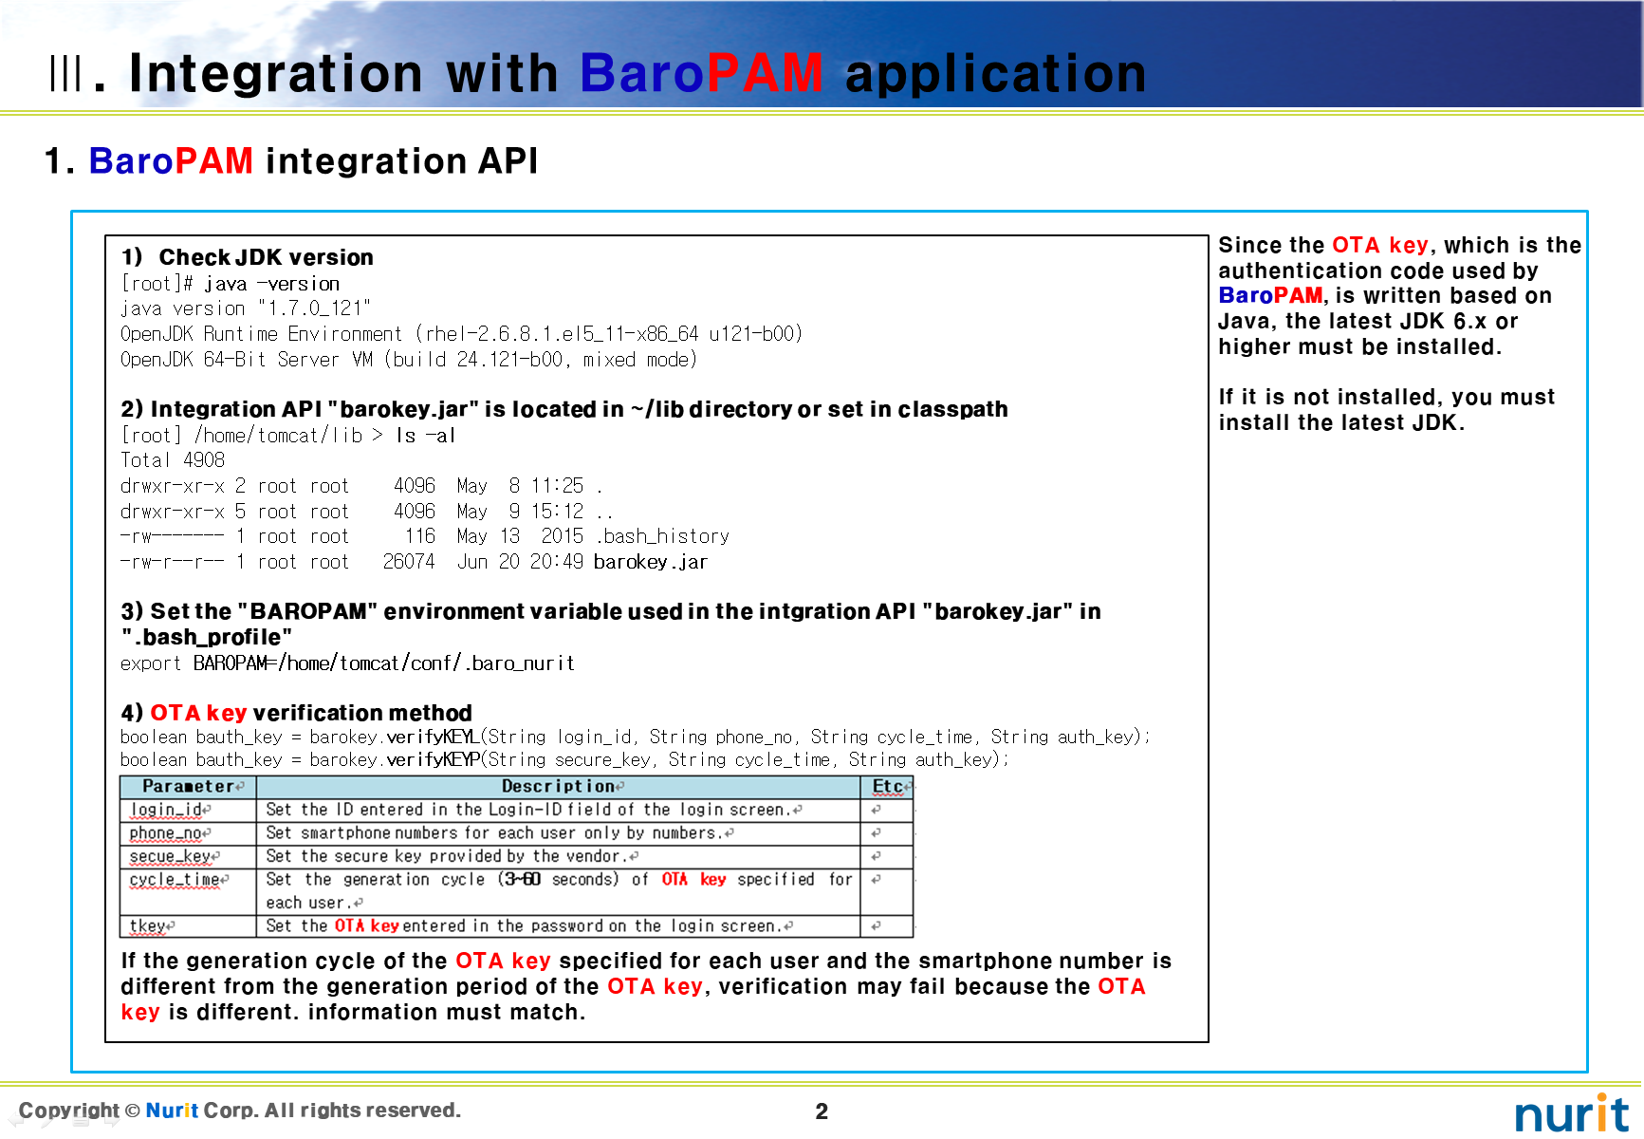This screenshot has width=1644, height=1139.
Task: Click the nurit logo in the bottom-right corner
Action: [1572, 1113]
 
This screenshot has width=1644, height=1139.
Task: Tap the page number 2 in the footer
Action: [822, 1111]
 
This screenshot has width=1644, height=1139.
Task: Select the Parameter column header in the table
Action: [189, 787]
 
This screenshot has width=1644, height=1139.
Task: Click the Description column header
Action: [559, 787]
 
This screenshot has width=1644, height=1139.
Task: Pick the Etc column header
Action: [887, 787]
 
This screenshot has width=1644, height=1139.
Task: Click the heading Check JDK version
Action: [266, 257]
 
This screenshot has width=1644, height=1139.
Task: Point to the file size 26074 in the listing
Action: [409, 562]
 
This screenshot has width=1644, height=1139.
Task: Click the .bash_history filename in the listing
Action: [662, 536]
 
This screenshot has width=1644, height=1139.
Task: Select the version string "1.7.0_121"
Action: [314, 308]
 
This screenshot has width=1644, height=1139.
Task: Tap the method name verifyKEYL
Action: [432, 737]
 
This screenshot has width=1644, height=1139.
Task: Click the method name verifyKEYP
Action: [433, 759]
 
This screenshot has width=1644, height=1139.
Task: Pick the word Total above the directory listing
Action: [145, 460]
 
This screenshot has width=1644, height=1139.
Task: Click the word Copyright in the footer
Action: [69, 1111]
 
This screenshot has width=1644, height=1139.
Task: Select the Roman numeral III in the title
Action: [65, 73]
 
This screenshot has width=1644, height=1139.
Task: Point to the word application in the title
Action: [995, 74]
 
